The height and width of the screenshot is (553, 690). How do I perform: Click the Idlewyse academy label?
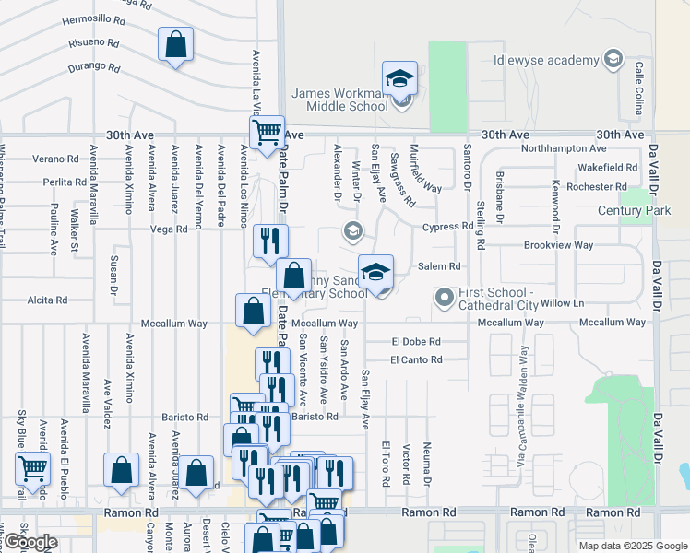coord(546,60)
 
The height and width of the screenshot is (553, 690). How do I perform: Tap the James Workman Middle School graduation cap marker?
coord(400,78)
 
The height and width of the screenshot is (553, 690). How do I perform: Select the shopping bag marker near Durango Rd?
coord(175,44)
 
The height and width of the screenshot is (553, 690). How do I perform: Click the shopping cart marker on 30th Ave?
coord(267,132)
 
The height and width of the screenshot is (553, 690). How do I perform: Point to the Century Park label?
coord(634,211)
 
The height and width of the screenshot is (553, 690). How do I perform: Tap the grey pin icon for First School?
coord(445,298)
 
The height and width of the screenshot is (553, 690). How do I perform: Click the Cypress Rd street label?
coord(447,226)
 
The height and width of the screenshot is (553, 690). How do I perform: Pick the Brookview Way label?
coord(558,245)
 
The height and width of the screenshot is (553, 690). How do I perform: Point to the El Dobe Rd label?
coord(416,341)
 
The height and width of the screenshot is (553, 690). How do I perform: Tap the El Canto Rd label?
coord(415,359)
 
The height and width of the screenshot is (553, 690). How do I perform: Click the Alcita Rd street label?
coord(47,300)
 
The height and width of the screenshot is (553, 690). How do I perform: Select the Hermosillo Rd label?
coord(93,18)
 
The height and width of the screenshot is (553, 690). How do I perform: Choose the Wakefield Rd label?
coord(608,168)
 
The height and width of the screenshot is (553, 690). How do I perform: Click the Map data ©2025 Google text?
coord(632,546)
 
